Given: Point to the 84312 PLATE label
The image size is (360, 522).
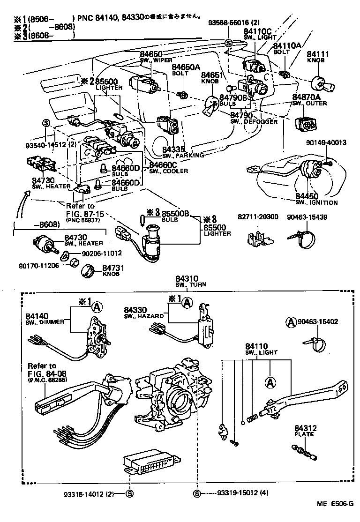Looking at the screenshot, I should tap(306, 431).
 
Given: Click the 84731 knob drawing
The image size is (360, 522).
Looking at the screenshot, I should tap(89, 271).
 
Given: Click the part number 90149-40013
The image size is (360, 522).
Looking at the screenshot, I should tap(327, 142).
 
